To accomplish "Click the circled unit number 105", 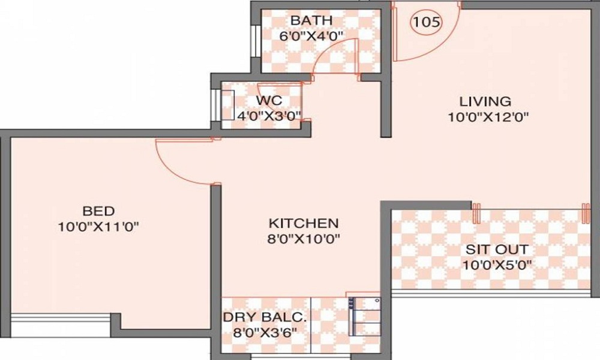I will pyautogui.click(x=426, y=22).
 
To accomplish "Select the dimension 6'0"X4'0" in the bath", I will pyautogui.click(x=311, y=35).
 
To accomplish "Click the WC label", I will pyautogui.click(x=268, y=100).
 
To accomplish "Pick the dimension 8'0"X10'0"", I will pyautogui.click(x=304, y=238).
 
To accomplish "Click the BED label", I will pyautogui.click(x=98, y=211).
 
